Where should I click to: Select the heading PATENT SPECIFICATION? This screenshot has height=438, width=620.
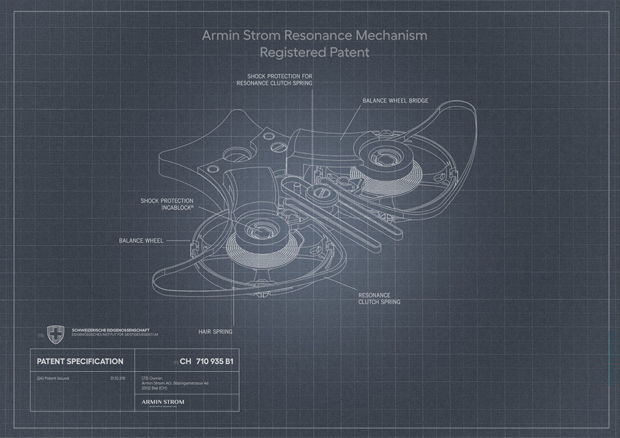click(80, 362)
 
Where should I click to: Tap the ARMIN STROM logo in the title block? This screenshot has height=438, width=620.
click(162, 401)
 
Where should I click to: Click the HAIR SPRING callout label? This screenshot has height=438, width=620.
click(215, 332)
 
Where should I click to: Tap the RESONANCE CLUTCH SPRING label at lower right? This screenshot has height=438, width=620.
click(379, 298)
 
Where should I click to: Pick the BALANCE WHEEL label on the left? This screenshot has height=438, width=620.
click(141, 240)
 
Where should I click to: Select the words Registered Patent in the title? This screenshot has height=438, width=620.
click(314, 52)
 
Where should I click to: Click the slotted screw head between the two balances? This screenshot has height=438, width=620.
click(320, 194)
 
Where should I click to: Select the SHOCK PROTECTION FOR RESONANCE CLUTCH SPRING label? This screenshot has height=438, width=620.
click(274, 80)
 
